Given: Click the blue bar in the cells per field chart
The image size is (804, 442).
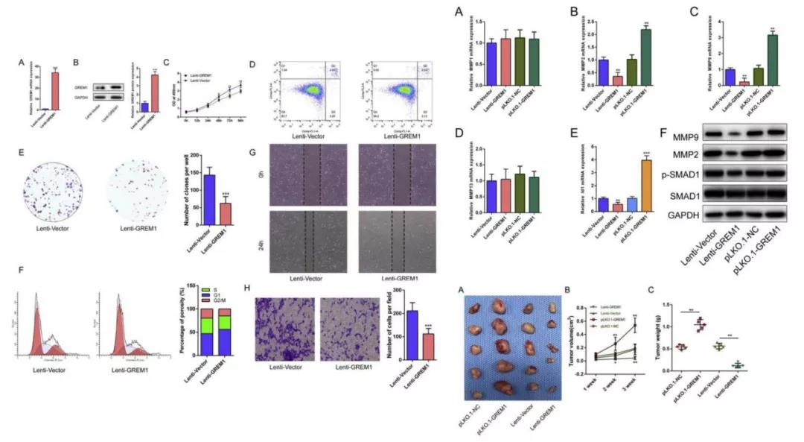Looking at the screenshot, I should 412,335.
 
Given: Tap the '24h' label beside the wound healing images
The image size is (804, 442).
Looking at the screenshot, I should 261,242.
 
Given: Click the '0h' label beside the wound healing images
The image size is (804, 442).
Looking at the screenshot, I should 261,174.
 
